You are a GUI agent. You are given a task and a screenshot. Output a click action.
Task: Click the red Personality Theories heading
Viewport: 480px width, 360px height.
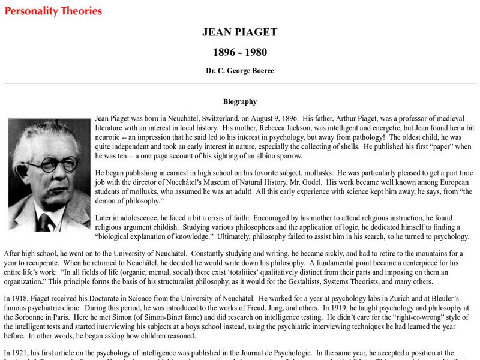pos(53,11)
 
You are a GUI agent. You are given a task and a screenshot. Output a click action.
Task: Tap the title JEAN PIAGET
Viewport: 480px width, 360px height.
pos(240,32)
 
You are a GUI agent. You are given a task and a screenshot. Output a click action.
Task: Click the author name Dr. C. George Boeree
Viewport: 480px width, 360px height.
pos(240,70)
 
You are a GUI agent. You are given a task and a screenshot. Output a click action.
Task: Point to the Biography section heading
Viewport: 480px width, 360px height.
pos(240,102)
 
